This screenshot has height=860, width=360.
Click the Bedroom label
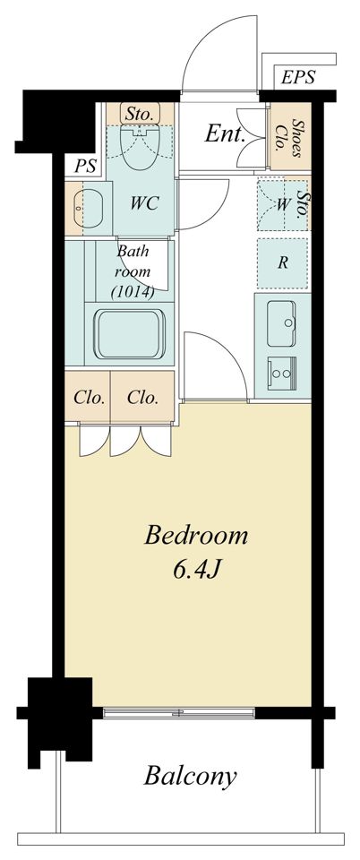(x=195, y=535)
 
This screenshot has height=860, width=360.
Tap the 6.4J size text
(x=197, y=571)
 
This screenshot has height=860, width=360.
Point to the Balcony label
(x=190, y=777)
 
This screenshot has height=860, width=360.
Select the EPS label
(x=298, y=77)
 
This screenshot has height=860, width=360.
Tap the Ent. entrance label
(x=225, y=133)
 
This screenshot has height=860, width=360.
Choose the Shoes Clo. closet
(x=290, y=136)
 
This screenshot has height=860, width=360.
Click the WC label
(x=145, y=203)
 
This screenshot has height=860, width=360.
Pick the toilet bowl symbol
(x=141, y=146)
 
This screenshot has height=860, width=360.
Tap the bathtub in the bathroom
(x=130, y=334)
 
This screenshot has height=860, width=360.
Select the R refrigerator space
(x=283, y=263)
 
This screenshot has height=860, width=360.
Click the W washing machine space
(x=283, y=204)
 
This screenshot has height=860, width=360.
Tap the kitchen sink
(x=282, y=323)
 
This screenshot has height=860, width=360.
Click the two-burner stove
(x=282, y=374)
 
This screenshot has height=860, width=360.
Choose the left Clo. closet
(x=88, y=397)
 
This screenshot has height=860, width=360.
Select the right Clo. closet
(x=142, y=397)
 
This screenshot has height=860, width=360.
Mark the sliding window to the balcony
(x=178, y=713)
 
